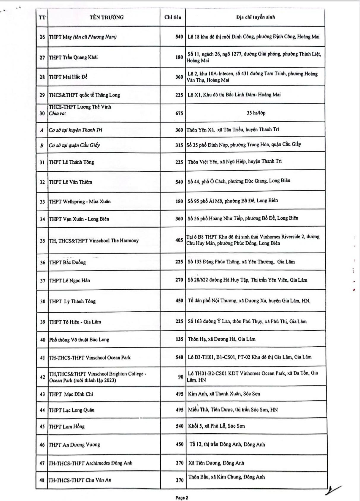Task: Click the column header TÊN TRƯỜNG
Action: [106, 17]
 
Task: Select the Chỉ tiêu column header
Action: [173, 17]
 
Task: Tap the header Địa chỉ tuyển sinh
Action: [255, 17]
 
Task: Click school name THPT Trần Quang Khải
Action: [73, 57]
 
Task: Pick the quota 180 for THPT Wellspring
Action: [179, 201]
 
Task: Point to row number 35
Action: [42, 241]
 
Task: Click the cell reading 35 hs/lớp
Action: [256, 113]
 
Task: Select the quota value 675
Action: [179, 113]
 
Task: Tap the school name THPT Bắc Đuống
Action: [67, 262]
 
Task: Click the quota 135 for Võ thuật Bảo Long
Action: [179, 339]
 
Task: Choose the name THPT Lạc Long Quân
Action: [72, 410]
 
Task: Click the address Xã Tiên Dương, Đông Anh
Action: [216, 463]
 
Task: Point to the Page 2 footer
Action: [182, 498]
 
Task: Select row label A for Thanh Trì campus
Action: [42, 130]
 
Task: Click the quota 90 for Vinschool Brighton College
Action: [180, 377]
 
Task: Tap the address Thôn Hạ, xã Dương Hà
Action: [221, 339]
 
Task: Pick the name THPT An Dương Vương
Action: [74, 445]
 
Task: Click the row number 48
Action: [42, 480]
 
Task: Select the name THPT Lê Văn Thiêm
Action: [71, 182]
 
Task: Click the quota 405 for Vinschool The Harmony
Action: [179, 240]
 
